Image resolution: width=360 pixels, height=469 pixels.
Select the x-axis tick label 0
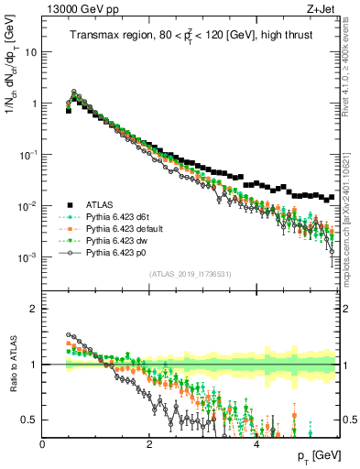(42, 444)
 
